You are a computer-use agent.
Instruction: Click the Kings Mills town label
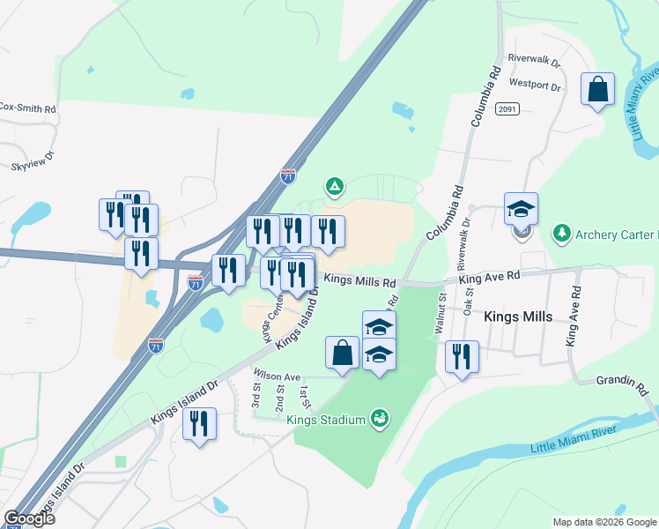[x=518, y=317]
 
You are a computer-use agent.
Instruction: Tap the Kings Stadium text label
[x=326, y=420]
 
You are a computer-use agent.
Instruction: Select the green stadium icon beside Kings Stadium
[x=380, y=416]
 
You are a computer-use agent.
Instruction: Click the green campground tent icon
[x=334, y=186]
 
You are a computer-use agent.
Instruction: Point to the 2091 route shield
[x=507, y=109]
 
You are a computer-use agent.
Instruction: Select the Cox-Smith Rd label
[x=26, y=108]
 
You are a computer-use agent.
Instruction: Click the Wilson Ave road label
[x=278, y=376]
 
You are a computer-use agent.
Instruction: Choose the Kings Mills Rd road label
[x=359, y=279]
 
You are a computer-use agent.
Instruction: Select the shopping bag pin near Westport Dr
[x=597, y=90]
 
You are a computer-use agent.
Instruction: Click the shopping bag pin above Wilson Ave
[x=342, y=353]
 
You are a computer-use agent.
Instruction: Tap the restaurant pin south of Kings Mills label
[x=462, y=357]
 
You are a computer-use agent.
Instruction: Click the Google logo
[x=29, y=518]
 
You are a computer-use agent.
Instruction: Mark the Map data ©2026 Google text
[x=604, y=522]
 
